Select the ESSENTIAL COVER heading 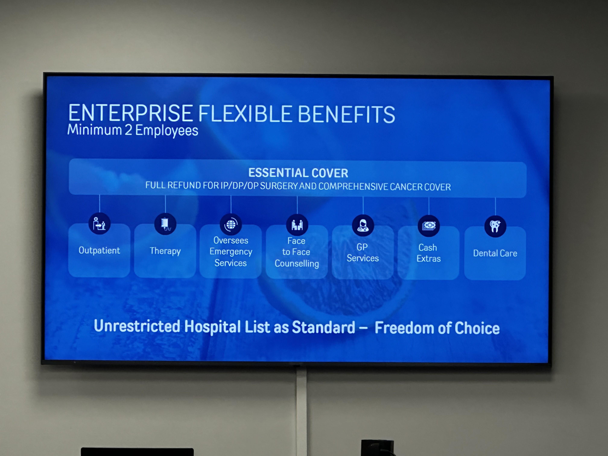[x=298, y=173]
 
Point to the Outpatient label [x=99, y=250]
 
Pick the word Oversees [x=231, y=241]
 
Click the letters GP [x=362, y=247]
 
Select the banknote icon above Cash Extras [x=429, y=226]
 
